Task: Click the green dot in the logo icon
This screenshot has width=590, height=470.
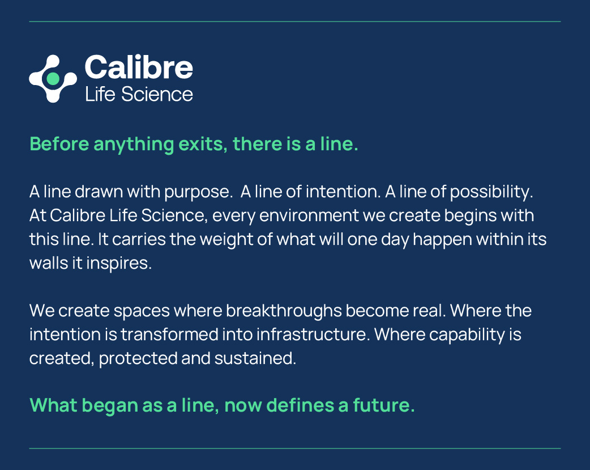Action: [53, 78]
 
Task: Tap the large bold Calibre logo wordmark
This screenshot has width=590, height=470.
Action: [139, 67]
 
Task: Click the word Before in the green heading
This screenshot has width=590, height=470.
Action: [59, 144]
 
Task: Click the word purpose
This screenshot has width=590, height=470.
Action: [198, 192]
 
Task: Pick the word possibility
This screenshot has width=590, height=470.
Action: [491, 192]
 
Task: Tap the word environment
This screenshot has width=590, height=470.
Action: [309, 215]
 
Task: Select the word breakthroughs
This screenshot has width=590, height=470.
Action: [284, 311]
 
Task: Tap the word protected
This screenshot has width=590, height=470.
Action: [138, 358]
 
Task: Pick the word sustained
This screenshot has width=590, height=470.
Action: [255, 358]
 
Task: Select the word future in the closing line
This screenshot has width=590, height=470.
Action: [384, 405]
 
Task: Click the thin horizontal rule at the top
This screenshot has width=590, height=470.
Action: [295, 22]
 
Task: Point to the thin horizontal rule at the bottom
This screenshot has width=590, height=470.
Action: [295, 448]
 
